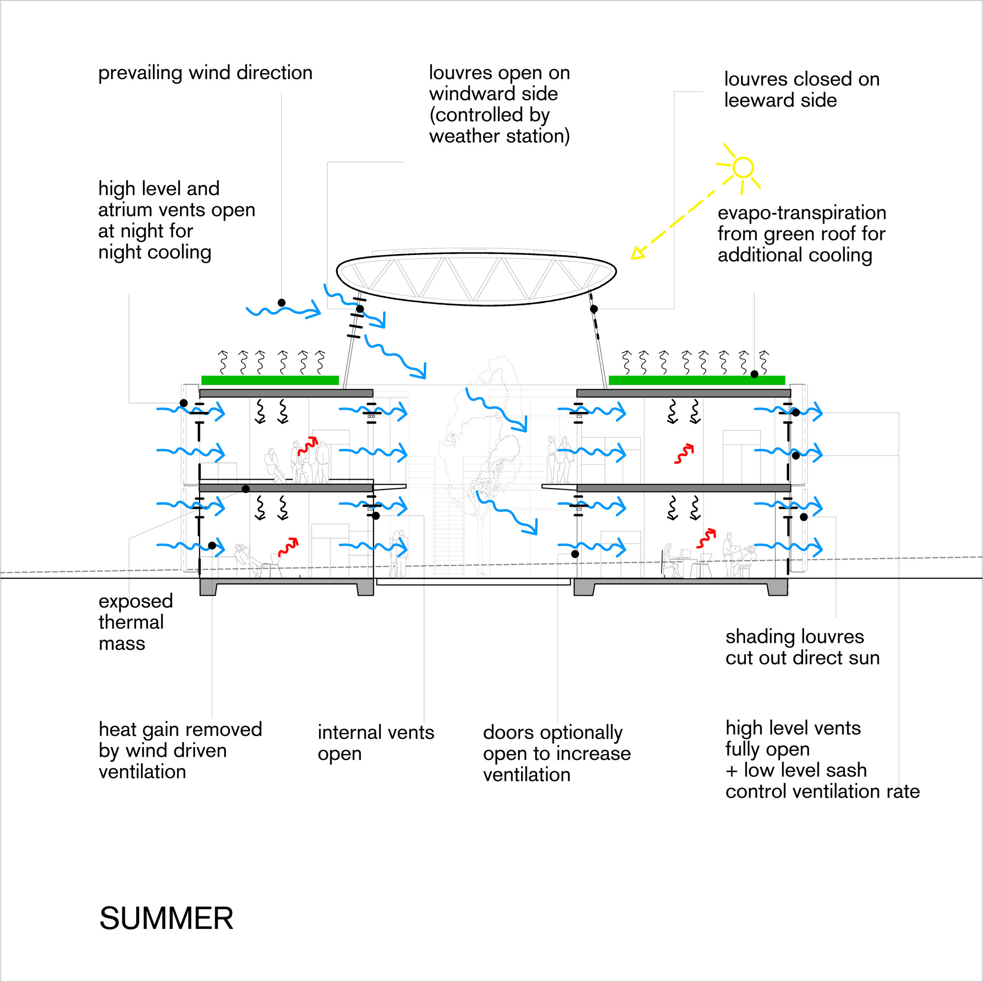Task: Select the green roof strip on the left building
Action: tap(270, 380)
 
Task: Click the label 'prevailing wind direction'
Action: tap(205, 73)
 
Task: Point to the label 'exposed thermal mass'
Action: tap(135, 622)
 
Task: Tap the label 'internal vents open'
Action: tap(376, 742)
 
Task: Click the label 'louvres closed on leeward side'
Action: tap(801, 89)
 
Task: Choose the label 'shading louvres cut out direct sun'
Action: tap(802, 647)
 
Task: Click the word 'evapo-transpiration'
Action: tap(801, 213)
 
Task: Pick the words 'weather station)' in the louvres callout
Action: tap(499, 136)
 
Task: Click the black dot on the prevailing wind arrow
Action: tap(281, 303)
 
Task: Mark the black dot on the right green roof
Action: tap(754, 374)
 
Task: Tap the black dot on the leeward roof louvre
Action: tap(593, 309)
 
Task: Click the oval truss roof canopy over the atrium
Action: tap(476, 279)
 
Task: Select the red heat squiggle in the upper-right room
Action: tap(684, 454)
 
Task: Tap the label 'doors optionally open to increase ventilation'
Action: tap(557, 753)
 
